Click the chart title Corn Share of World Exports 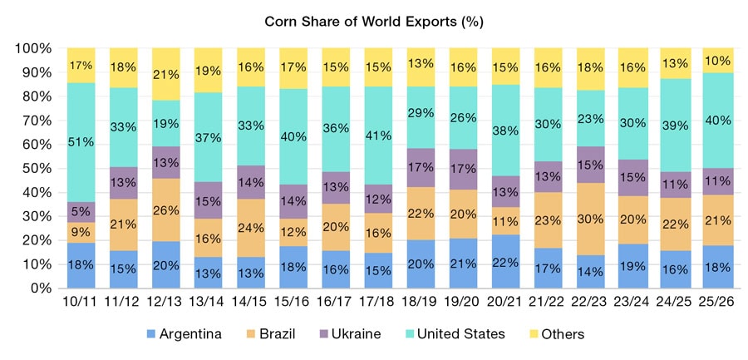373,21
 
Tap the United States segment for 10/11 81,141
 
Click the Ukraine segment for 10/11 81,212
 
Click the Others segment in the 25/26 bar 718,60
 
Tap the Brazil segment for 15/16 293,231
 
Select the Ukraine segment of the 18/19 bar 421,168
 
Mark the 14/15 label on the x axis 251,305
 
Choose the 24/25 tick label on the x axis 676,305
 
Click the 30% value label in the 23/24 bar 633,123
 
